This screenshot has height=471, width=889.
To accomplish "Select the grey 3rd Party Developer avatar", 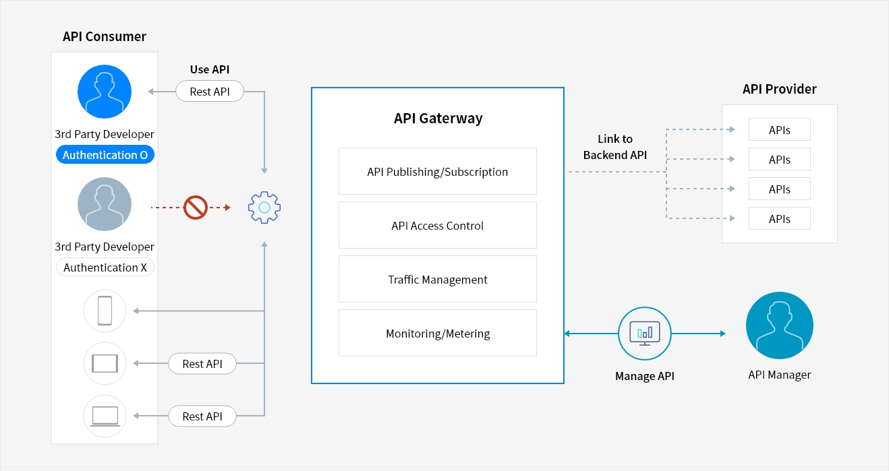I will (105, 204).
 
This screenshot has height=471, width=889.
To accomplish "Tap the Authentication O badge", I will (105, 155).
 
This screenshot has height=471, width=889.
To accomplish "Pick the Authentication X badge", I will (105, 268).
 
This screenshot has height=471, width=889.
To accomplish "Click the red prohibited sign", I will (196, 208).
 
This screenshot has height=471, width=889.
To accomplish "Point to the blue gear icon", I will (264, 208).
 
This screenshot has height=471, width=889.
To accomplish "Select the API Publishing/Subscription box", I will (437, 172).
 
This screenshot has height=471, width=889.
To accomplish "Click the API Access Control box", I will (437, 226).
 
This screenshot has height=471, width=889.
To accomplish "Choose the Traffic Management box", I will (437, 280).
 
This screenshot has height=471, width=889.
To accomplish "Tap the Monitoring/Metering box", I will (437, 334).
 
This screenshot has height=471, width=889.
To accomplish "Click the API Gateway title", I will (438, 119).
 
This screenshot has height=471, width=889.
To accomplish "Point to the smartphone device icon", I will (105, 311).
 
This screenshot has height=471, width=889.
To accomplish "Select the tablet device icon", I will (105, 364).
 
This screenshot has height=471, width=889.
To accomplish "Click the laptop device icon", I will (105, 416).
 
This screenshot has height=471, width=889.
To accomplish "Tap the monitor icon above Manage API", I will (644, 333).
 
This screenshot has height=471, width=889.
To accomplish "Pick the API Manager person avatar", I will (779, 325).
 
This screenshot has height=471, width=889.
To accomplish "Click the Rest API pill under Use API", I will (209, 92).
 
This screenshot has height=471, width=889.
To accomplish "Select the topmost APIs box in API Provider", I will (779, 130).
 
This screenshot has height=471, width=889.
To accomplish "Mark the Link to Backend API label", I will (614, 147).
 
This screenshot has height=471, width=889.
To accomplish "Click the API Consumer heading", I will (105, 36).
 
